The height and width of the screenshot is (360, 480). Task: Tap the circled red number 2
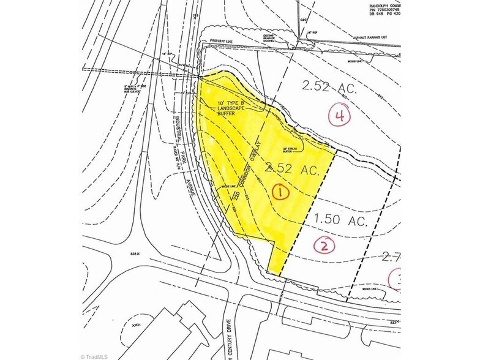pyautogui.click(x=324, y=246)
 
